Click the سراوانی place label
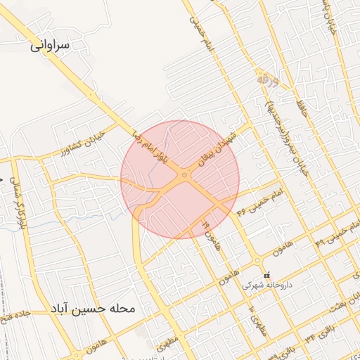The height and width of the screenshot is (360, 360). [x=50, y=46]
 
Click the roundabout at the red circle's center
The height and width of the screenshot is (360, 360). [x=184, y=175]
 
